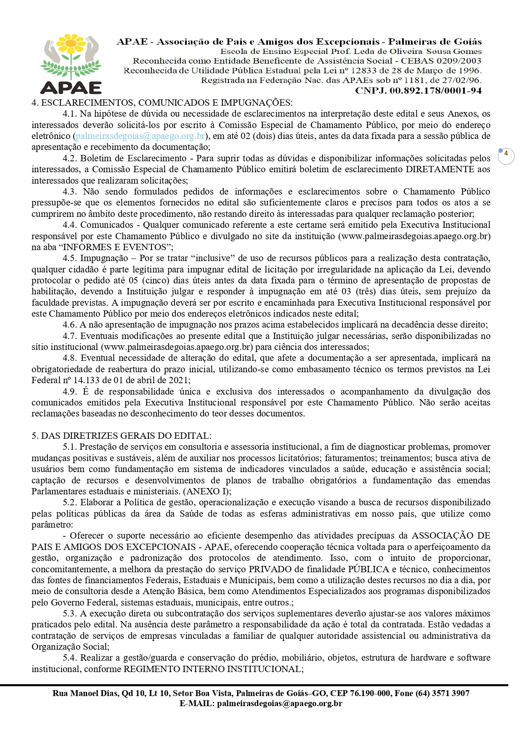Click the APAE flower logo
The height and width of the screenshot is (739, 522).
click(71, 63)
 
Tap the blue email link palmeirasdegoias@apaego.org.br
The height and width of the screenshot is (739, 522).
click(140, 136)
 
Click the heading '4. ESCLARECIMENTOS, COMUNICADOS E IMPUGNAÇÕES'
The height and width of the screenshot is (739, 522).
click(162, 103)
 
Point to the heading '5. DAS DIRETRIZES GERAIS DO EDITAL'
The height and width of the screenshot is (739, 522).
click(122, 435)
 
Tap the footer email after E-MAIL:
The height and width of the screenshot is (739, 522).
click(279, 703)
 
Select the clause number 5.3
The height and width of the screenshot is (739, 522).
click(69, 613)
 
